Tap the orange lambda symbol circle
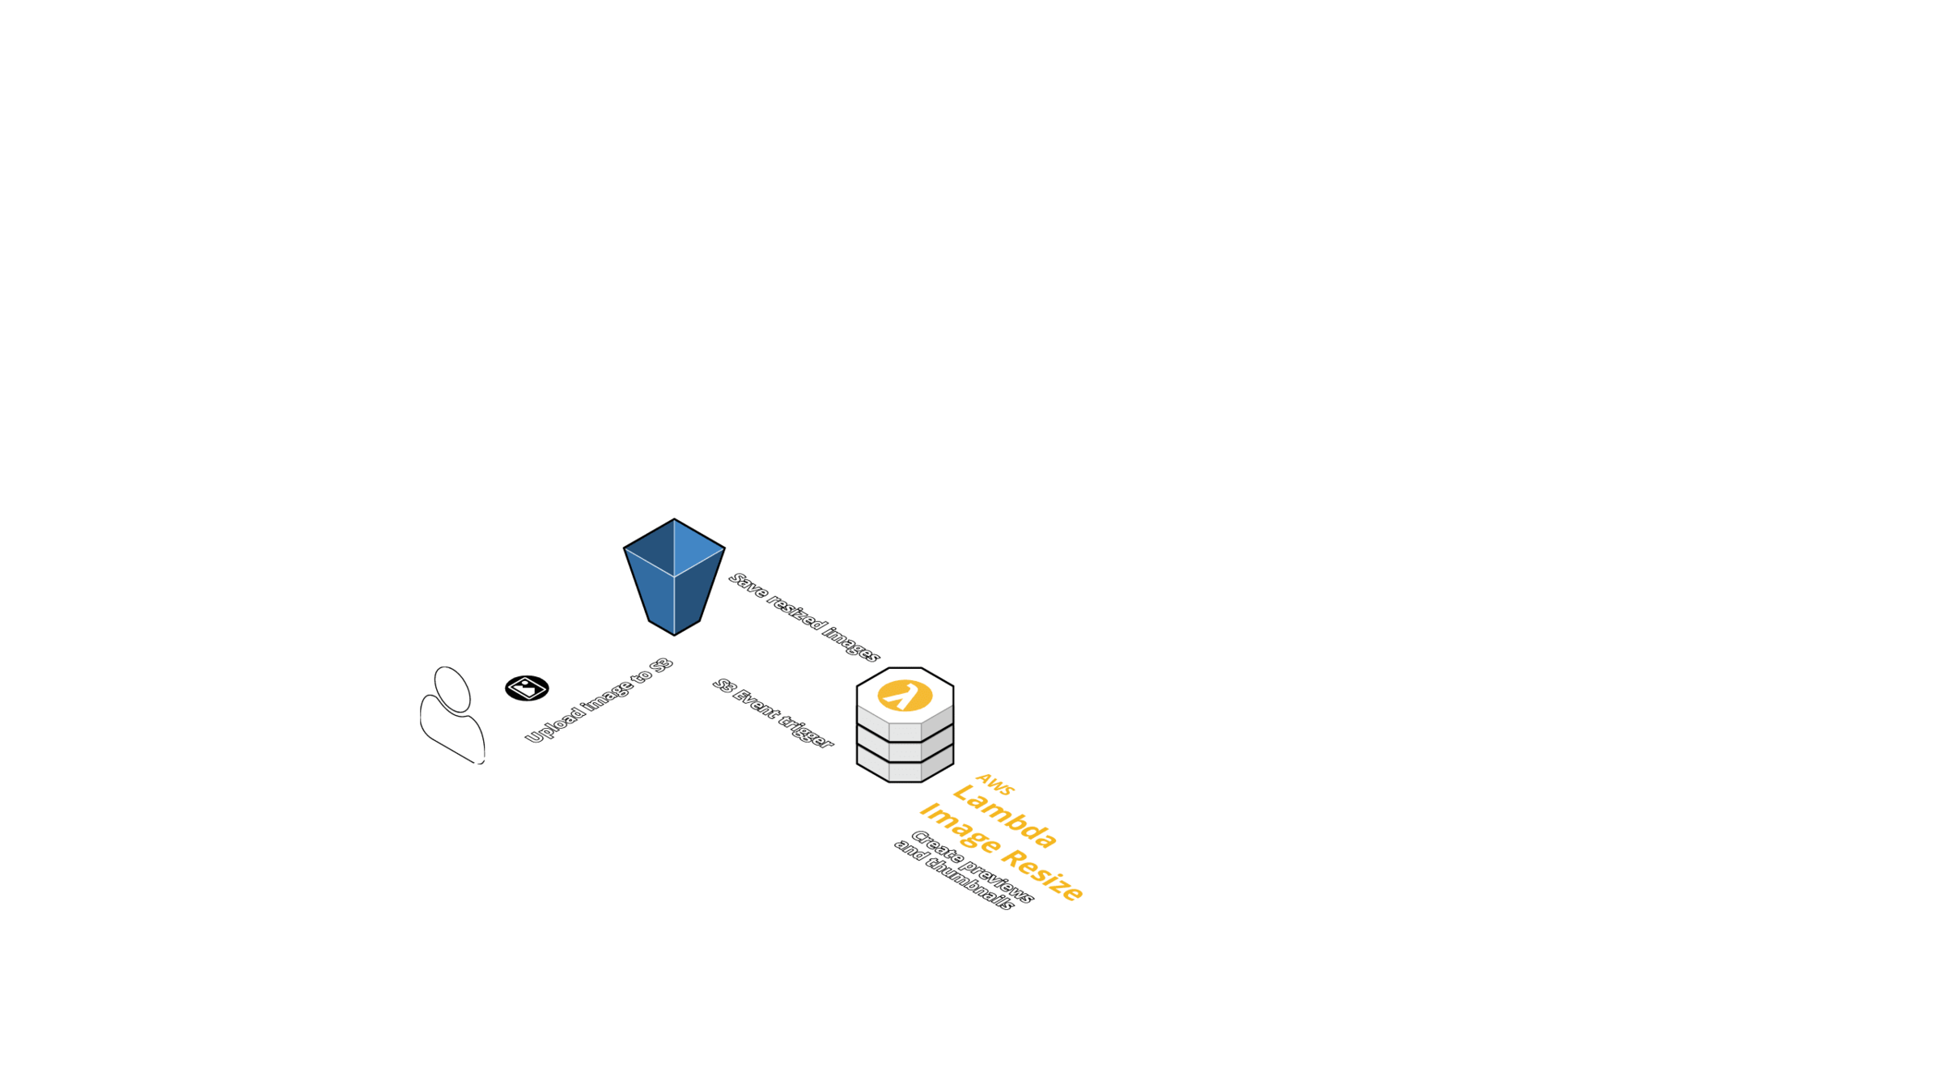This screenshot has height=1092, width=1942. point(905,695)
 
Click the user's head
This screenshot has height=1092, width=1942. point(452,689)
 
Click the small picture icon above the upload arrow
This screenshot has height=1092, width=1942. point(527,688)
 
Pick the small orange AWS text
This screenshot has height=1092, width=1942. point(994,784)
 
